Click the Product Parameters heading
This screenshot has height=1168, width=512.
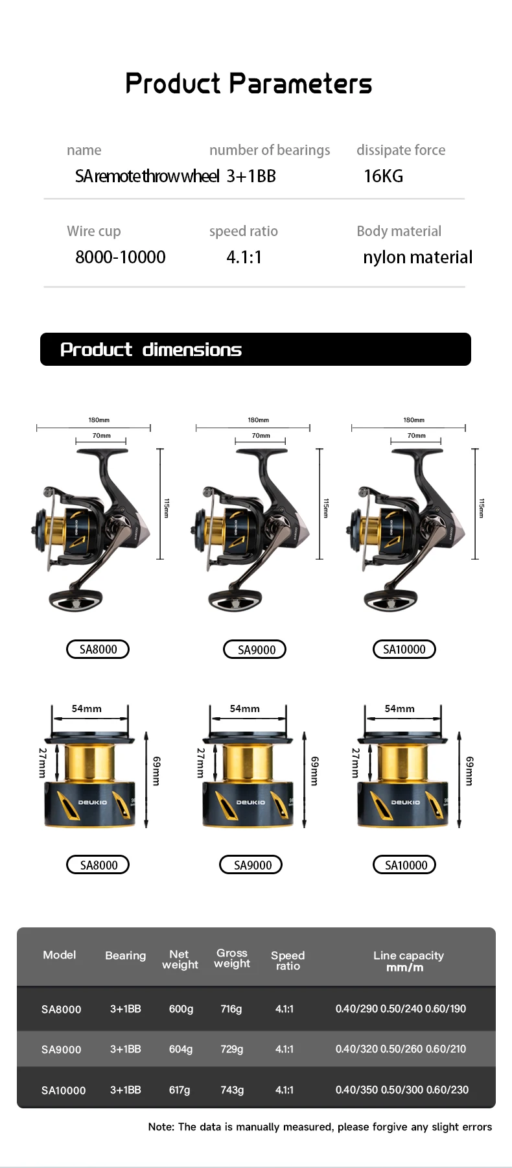249,84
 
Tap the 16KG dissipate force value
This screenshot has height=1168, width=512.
383,176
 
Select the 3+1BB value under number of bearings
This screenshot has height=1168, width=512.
251,176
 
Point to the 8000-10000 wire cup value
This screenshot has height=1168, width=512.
121,257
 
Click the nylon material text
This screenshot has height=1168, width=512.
417,257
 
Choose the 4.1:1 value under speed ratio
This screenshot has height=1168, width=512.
244,257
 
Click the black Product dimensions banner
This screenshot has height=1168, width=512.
255,349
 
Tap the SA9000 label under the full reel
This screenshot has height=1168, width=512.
255,649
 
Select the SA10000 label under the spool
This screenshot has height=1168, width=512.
404,864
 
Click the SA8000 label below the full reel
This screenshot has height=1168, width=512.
98,649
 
